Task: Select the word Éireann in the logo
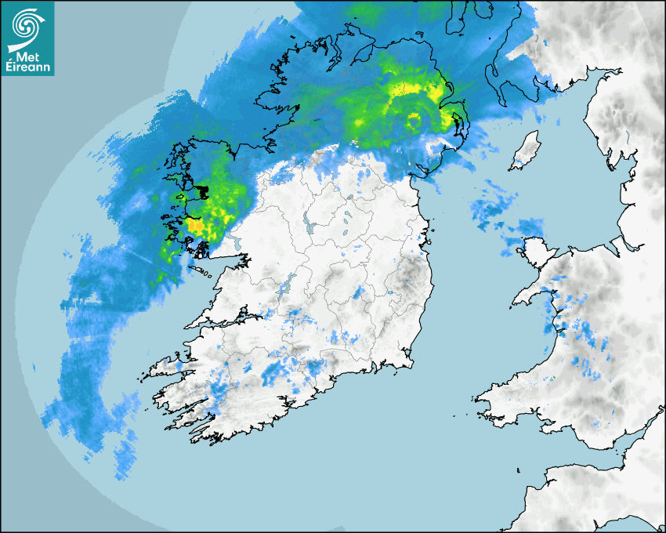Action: coord(28,68)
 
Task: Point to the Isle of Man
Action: coord(526,150)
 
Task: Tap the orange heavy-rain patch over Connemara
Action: coord(194,227)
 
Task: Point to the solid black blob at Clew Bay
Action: coord(201,191)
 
